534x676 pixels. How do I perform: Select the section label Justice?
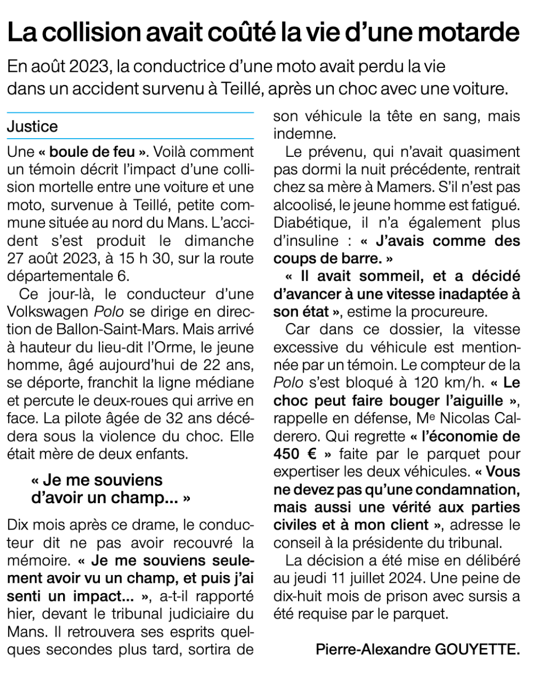pos(32,126)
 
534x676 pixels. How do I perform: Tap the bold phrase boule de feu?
pos(93,152)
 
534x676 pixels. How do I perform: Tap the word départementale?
pos(61,276)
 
